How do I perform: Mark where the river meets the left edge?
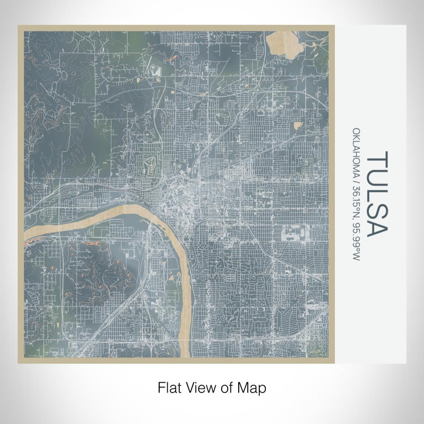coord(26,237)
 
